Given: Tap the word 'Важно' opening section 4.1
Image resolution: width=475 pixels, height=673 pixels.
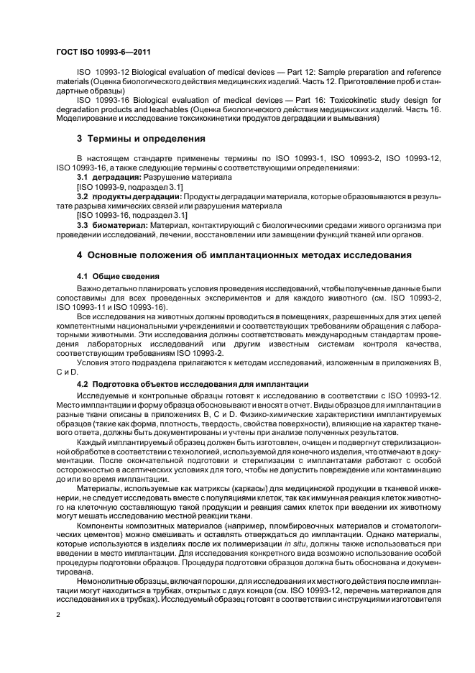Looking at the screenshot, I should click(x=88, y=289).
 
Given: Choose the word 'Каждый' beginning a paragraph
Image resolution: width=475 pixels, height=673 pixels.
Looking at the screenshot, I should click(x=92, y=444).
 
